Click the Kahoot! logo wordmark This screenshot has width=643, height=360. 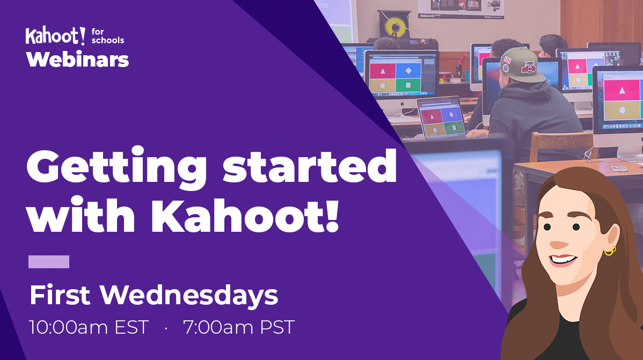point(55,36)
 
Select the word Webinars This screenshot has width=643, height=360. point(78,59)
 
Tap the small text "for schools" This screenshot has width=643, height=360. point(108,36)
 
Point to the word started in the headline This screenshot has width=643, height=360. point(310,166)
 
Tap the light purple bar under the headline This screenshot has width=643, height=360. point(49,262)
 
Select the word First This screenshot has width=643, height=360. point(61,296)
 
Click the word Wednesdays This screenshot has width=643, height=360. point(189,296)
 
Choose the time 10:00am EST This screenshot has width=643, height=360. point(89,327)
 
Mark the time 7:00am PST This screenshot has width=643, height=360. point(239,327)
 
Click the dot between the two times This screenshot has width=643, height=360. point(166,328)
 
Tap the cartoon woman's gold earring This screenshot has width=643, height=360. point(610,249)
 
